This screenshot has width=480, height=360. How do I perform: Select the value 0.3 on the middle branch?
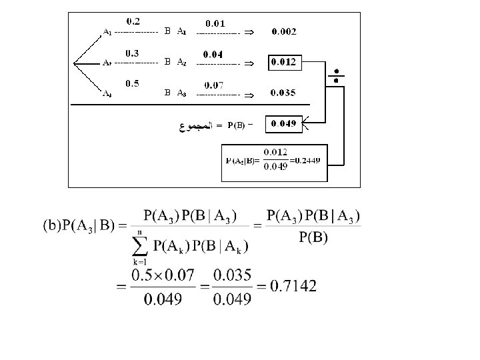click(131, 53)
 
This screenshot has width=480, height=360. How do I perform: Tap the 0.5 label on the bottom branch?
click(131, 83)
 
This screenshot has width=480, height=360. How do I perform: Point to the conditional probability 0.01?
click(215, 23)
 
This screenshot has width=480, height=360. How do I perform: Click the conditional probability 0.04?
click(213, 54)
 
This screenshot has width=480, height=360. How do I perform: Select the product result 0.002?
click(284, 31)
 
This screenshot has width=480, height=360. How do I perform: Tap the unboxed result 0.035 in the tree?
click(284, 93)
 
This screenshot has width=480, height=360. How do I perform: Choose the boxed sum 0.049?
click(284, 124)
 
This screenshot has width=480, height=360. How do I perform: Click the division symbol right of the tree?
click(336, 75)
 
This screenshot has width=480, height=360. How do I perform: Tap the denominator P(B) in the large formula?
click(313, 238)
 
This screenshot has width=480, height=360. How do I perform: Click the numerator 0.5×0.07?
click(163, 274)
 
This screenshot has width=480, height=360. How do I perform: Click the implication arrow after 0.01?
click(247, 32)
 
